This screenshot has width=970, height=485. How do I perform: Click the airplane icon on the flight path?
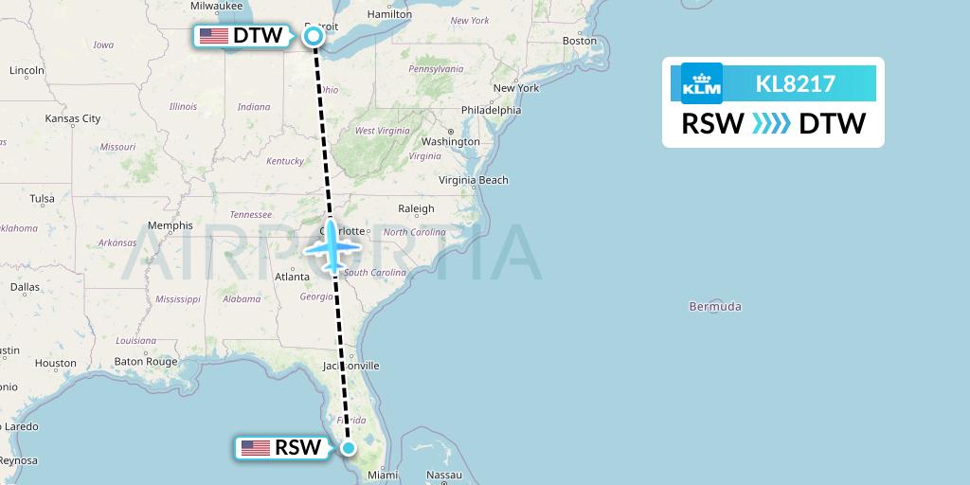pyautogui.click(x=332, y=248)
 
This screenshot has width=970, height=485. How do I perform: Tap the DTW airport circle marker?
pyautogui.click(x=314, y=36)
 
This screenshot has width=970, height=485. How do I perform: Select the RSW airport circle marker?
pyautogui.click(x=349, y=448)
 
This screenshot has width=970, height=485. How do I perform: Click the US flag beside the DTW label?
pyautogui.click(x=214, y=37)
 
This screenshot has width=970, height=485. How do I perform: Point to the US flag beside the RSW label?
pyautogui.click(x=256, y=448)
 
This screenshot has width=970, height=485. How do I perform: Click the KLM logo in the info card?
pyautogui.click(x=702, y=83)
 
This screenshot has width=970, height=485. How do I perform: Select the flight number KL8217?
pyautogui.click(x=795, y=84)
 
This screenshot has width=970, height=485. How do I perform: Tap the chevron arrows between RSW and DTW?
pyautogui.click(x=770, y=124)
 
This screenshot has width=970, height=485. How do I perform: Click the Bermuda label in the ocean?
pyautogui.click(x=716, y=307)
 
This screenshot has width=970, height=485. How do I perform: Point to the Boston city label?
pyautogui.click(x=580, y=41)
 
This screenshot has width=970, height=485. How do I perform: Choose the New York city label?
pyautogui.click(x=515, y=88)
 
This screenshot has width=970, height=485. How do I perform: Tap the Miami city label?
pyautogui.click(x=378, y=476)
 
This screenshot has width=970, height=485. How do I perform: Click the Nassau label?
pyautogui.click(x=443, y=475)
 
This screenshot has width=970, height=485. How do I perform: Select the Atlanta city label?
pyautogui.click(x=292, y=277)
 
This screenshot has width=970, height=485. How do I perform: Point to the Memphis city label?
pyautogui.click(x=171, y=225)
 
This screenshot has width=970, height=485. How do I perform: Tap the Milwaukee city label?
pyautogui.click(x=216, y=6)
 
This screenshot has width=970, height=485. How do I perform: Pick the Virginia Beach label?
pyautogui.click(x=474, y=180)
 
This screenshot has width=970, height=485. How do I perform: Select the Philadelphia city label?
pyautogui.click(x=491, y=110)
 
